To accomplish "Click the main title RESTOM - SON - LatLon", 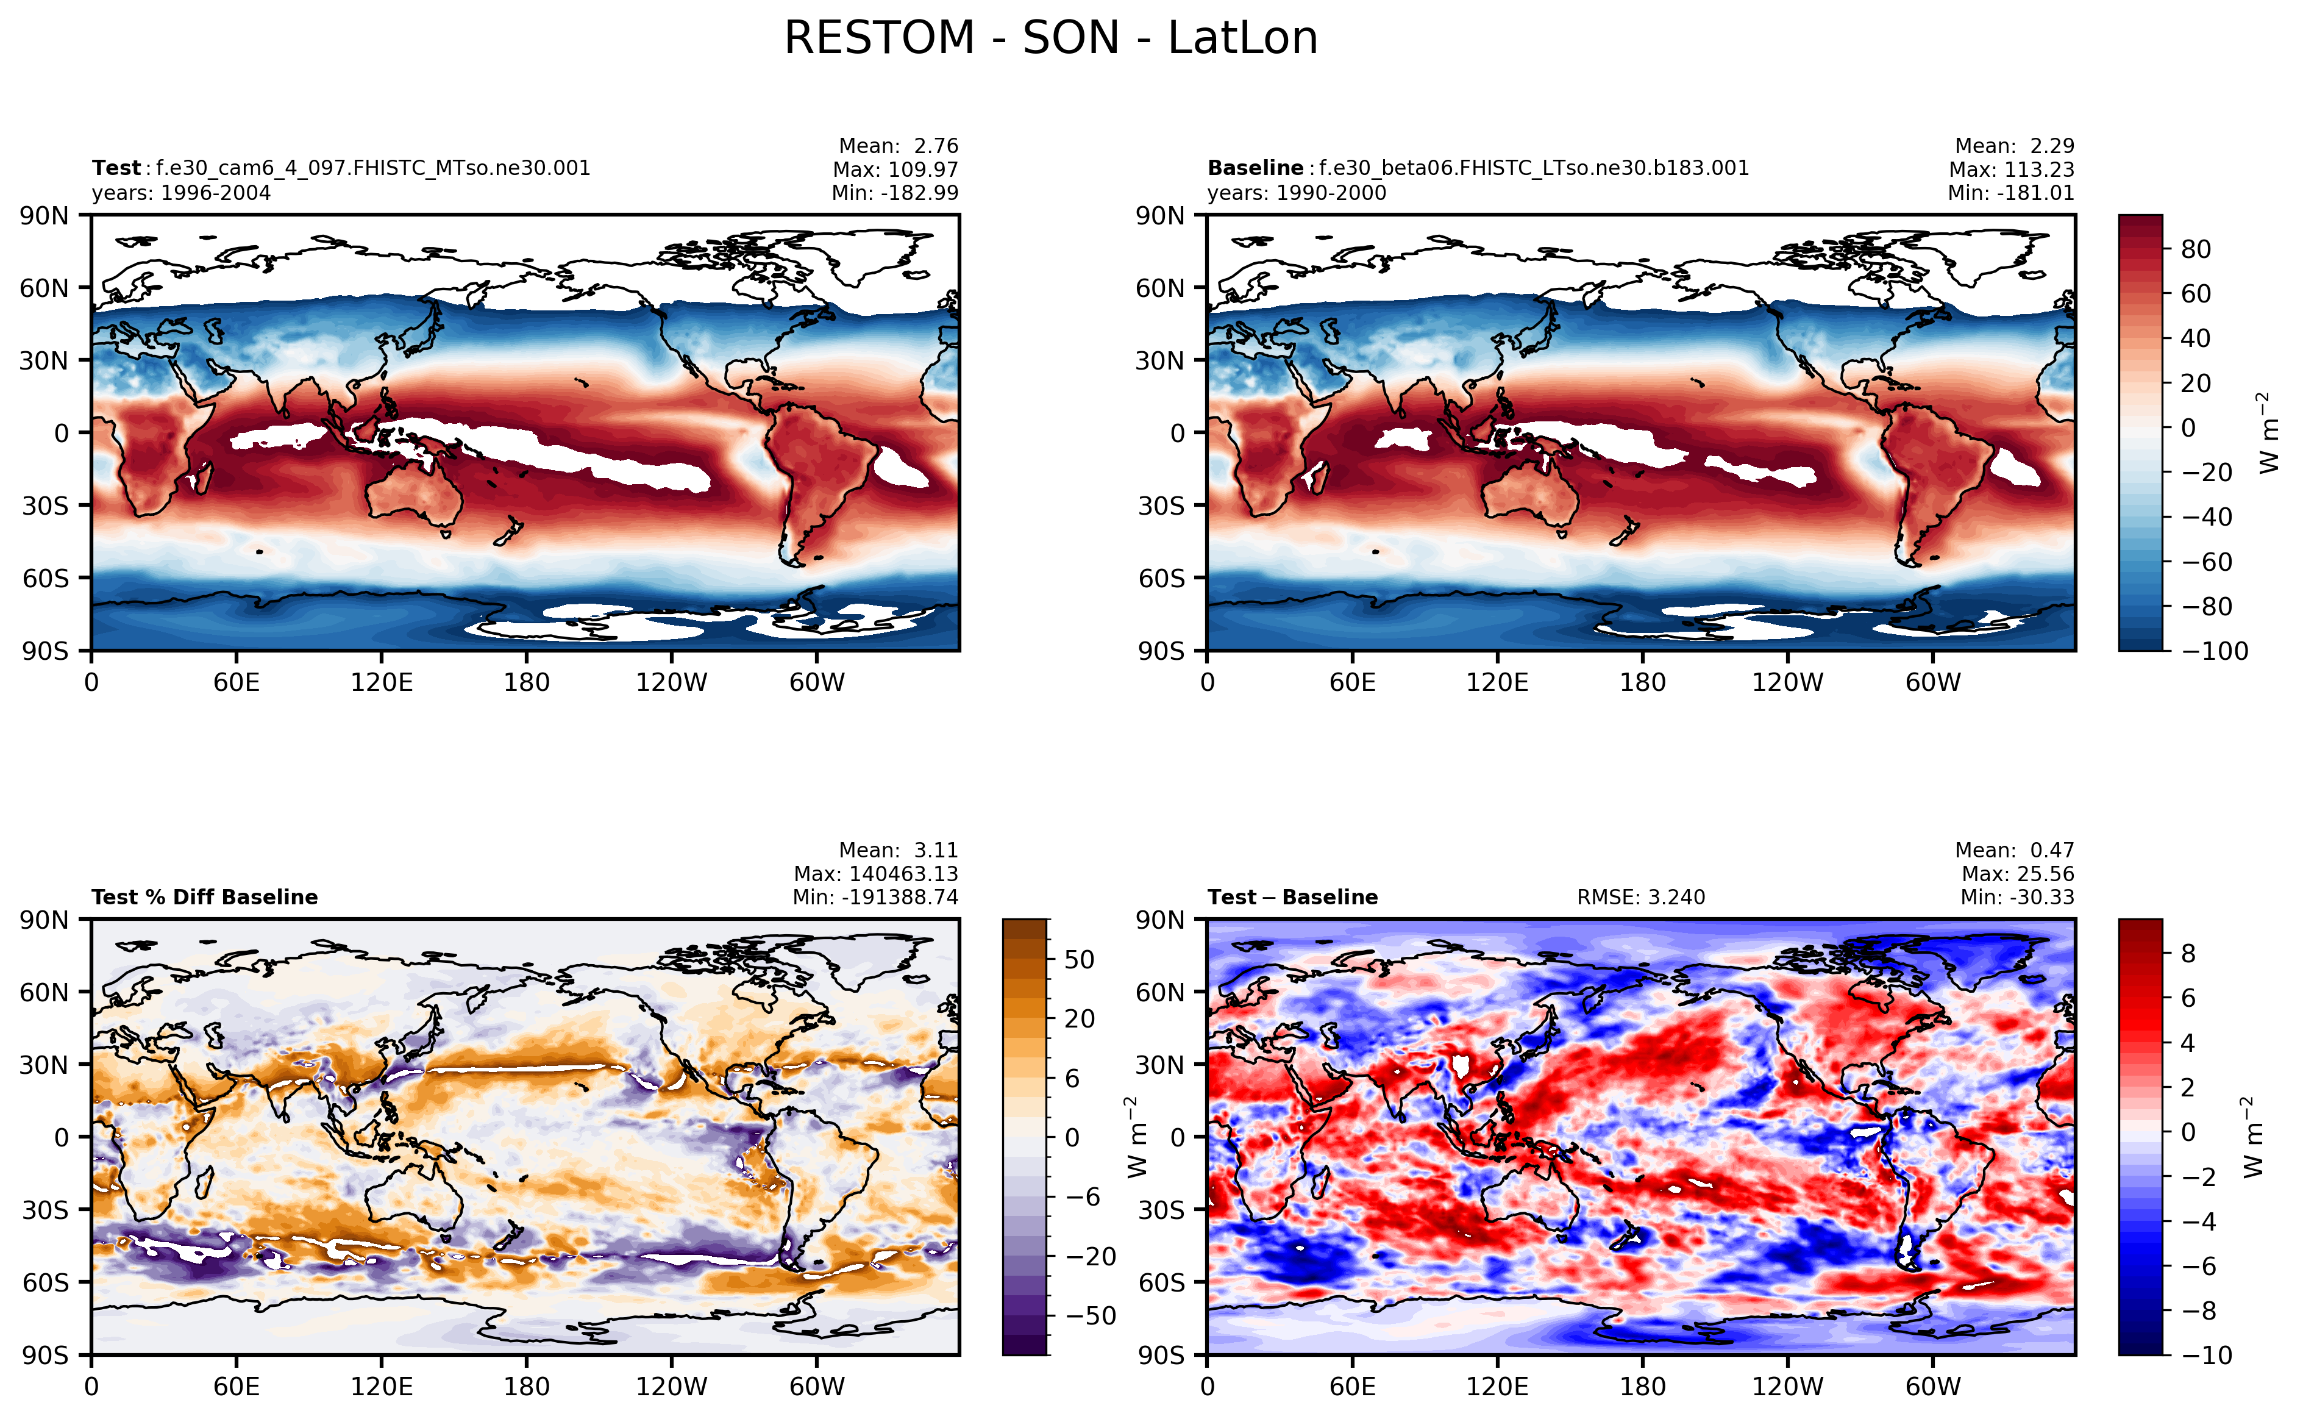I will (x=1051, y=38).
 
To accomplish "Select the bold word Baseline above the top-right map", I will (x=1255, y=168).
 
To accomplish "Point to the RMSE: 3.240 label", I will (x=1641, y=897).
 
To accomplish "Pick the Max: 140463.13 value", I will (x=875, y=874).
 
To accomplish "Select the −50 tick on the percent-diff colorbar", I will (x=1090, y=1316).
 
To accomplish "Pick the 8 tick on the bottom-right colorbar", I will (x=2188, y=954).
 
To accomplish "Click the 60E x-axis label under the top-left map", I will (x=237, y=682).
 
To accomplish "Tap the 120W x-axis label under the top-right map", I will (x=1787, y=682).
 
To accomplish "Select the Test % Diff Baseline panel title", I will (x=204, y=897).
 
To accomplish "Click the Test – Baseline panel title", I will (x=1293, y=897).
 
